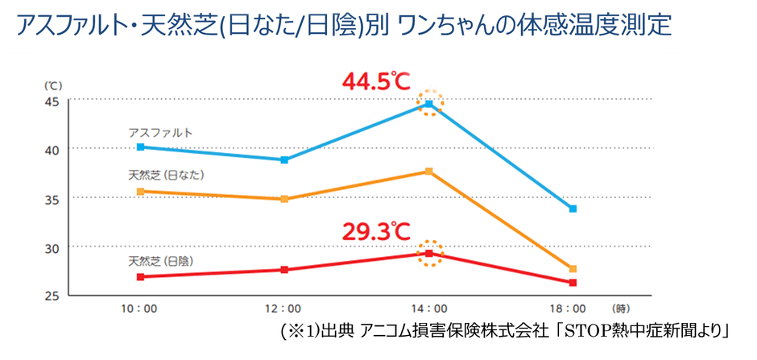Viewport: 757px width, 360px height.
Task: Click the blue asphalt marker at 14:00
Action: click(430, 104)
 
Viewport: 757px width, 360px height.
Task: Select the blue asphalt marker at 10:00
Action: click(140, 147)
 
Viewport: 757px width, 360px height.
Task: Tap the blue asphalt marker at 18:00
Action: click(573, 209)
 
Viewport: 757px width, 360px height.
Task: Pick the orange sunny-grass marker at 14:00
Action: click(429, 172)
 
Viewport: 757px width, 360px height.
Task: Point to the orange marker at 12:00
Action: click(285, 199)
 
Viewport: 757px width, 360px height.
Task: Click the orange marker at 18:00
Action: click(573, 269)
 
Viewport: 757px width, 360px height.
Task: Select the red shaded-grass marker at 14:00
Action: click(429, 254)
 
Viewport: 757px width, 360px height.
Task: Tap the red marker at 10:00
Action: click(140, 277)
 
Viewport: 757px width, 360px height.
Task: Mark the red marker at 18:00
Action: click(573, 283)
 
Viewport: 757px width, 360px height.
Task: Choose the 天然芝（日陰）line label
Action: click(166, 261)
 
